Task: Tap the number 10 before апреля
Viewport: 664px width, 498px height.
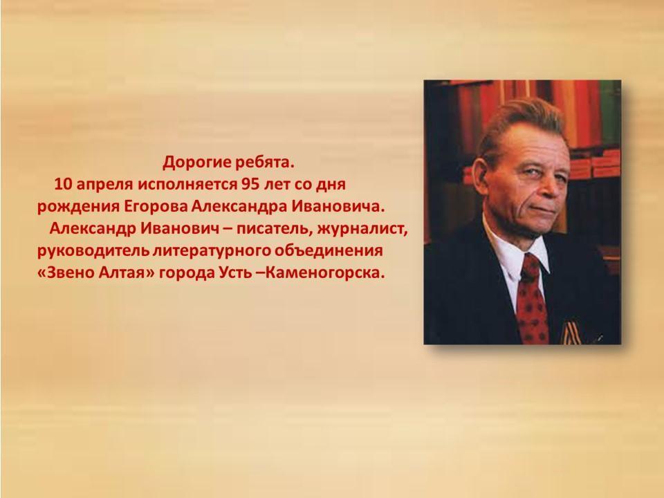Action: tap(64, 184)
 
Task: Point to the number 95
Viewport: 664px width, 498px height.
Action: tap(250, 184)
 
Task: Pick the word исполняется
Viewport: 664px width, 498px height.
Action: tap(187, 185)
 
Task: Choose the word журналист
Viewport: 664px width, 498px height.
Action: tap(362, 230)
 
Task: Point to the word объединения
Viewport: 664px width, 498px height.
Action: tap(329, 251)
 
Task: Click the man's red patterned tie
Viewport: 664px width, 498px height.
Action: tap(531, 301)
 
